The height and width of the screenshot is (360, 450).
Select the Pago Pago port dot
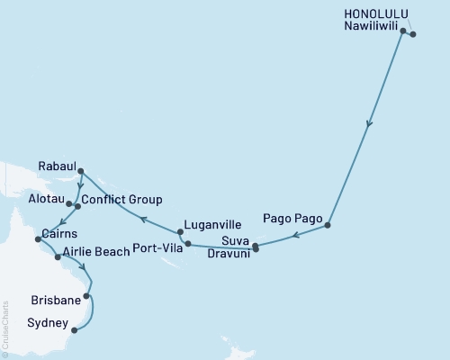(x=328, y=225)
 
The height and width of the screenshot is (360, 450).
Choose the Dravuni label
(x=229, y=253)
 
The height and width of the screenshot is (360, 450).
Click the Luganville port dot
(x=180, y=232)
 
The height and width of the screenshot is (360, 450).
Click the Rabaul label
(x=57, y=166)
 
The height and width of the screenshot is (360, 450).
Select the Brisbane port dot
(x=87, y=294)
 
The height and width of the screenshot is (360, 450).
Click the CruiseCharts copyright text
(x=6, y=329)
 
